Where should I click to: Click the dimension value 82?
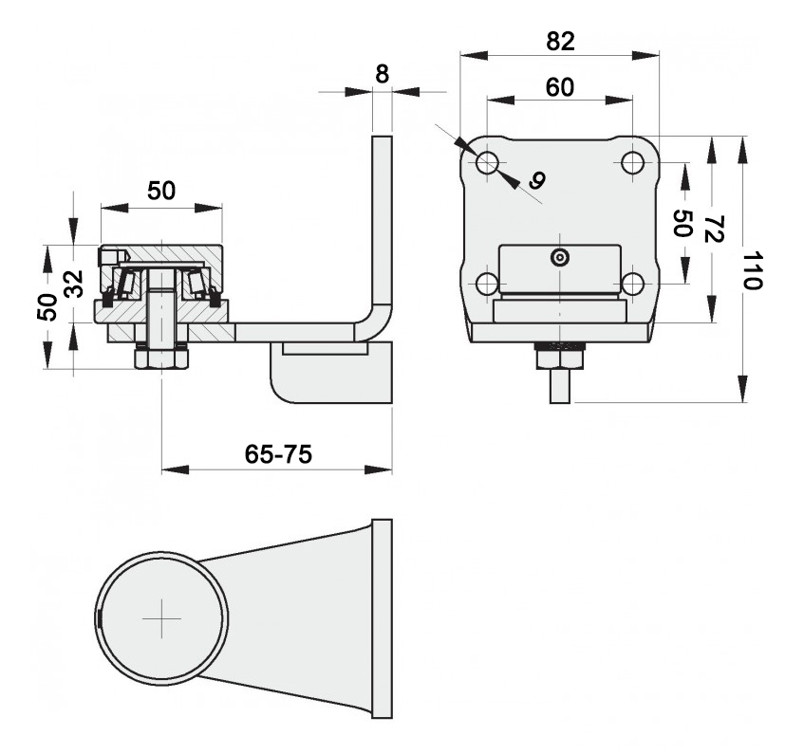pyautogui.click(x=560, y=41)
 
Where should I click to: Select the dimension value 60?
pyautogui.click(x=560, y=87)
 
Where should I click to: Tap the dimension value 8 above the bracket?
pyautogui.click(x=382, y=74)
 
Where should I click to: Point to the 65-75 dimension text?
pyautogui.click(x=278, y=454)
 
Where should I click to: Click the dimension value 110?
pyautogui.click(x=752, y=270)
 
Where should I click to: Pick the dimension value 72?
pyautogui.click(x=713, y=229)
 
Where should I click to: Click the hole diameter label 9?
pyautogui.click(x=537, y=180)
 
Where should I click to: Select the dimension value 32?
pyautogui.click(x=73, y=284)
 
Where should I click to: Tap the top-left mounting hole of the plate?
pyautogui.click(x=487, y=163)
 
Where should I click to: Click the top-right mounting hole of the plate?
pyautogui.click(x=632, y=163)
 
